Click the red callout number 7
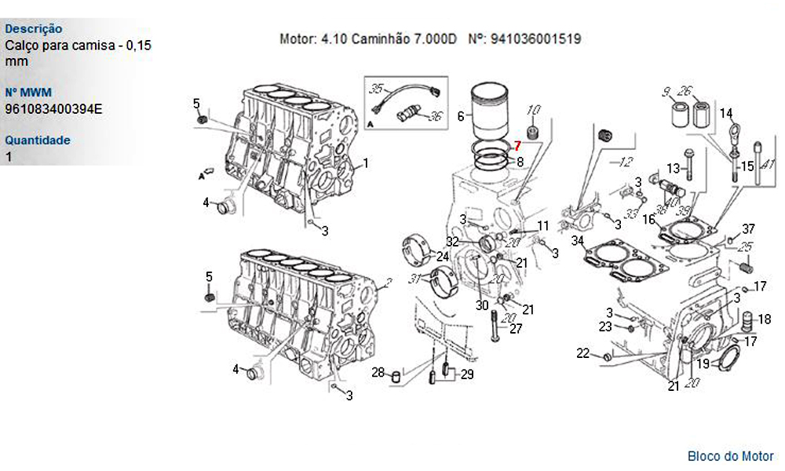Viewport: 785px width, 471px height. pyautogui.click(x=517, y=146)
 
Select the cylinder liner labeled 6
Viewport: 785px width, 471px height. pyautogui.click(x=490, y=112)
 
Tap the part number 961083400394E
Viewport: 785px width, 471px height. pyautogui.click(x=53, y=108)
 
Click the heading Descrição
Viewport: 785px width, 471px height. pyautogui.click(x=34, y=29)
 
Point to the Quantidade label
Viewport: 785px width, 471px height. pyautogui.click(x=38, y=141)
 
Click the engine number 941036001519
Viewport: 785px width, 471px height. pyautogui.click(x=535, y=39)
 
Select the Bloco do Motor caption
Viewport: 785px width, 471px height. pyautogui.click(x=730, y=456)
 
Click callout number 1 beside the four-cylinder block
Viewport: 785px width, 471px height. pyautogui.click(x=366, y=163)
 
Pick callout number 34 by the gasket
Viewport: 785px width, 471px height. pyautogui.click(x=578, y=241)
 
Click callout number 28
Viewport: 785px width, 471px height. pyautogui.click(x=378, y=372)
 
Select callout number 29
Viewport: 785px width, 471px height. pyautogui.click(x=467, y=374)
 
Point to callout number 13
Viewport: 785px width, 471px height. pyautogui.click(x=674, y=168)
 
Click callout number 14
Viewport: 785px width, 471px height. pyautogui.click(x=726, y=114)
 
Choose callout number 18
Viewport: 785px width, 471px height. pyautogui.click(x=765, y=319)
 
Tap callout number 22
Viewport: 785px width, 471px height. pyautogui.click(x=582, y=353)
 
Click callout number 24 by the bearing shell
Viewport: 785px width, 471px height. pyautogui.click(x=443, y=257)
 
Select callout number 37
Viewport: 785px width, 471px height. pyautogui.click(x=748, y=228)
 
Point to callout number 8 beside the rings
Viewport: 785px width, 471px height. pyautogui.click(x=520, y=162)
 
